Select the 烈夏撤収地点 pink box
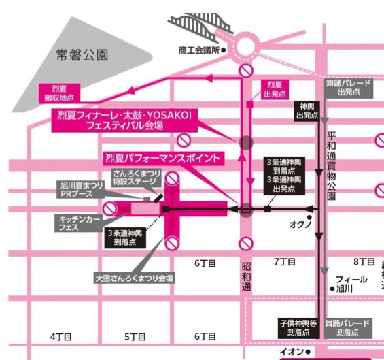(61, 93)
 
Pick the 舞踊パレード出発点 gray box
(348, 87)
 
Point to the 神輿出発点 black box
(306, 111)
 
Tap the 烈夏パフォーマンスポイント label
(163, 159)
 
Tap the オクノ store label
(300, 223)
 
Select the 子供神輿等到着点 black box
(298, 327)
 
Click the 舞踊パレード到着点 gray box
(347, 327)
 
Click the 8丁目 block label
(365, 262)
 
